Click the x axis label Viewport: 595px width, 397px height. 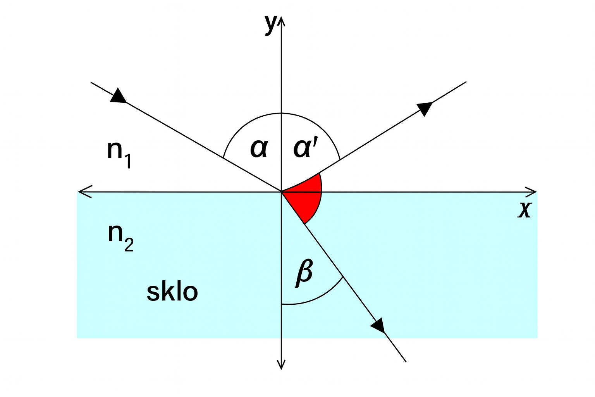[x=524, y=210]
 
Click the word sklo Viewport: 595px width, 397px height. [x=172, y=292]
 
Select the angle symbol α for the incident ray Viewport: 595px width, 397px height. [x=259, y=148]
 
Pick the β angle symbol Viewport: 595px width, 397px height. [x=304, y=273]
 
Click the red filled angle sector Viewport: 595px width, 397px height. [x=308, y=196]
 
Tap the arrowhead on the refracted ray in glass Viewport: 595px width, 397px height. [x=378, y=325]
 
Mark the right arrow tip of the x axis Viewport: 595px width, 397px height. [x=536, y=192]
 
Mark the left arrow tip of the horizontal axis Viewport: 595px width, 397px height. [x=79, y=192]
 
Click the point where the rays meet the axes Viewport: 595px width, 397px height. [x=281, y=192]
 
